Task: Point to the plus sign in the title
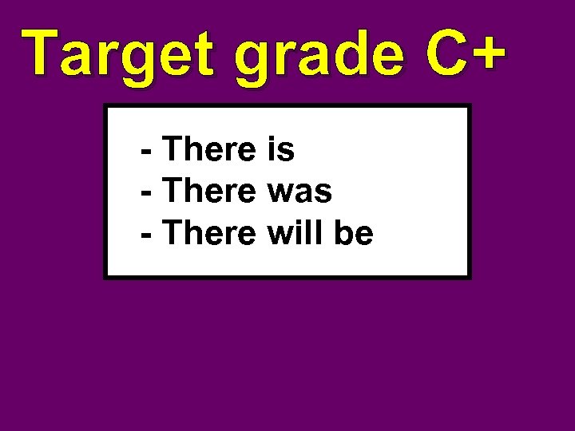488,53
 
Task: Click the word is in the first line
280,149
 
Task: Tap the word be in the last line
355,234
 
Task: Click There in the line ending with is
208,149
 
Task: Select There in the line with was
208,192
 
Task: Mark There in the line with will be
208,234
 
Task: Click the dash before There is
147,152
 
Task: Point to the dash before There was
147,194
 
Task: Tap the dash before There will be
147,236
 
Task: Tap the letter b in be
346,234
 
